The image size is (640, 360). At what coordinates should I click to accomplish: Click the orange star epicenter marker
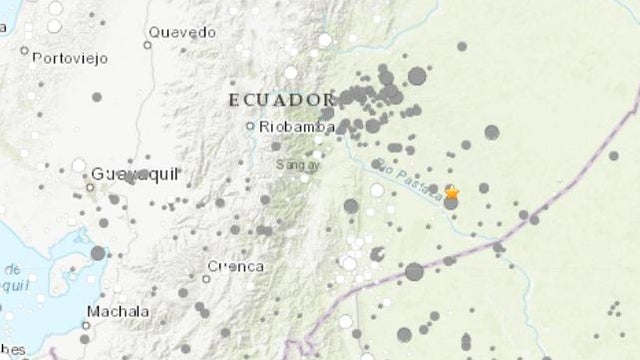point(451,192)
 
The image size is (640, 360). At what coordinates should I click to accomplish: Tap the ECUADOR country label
point(280,100)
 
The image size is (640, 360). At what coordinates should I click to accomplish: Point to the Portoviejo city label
point(69,58)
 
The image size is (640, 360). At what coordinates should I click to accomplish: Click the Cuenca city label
point(235,266)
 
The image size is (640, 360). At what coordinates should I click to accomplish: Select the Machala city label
point(118,312)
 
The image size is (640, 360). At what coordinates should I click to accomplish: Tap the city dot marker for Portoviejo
point(24,50)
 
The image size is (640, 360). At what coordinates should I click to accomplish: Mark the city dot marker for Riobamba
point(252,126)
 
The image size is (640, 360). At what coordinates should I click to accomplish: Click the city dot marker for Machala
point(91,322)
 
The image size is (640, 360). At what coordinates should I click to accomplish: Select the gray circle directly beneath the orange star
point(451,203)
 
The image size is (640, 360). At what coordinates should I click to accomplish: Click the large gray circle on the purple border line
point(414,271)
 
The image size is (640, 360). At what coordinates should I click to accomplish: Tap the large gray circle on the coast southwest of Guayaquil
point(98,253)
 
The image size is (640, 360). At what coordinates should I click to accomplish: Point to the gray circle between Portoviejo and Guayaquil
point(97,97)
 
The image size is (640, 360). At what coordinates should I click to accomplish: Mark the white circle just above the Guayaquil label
point(79,165)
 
